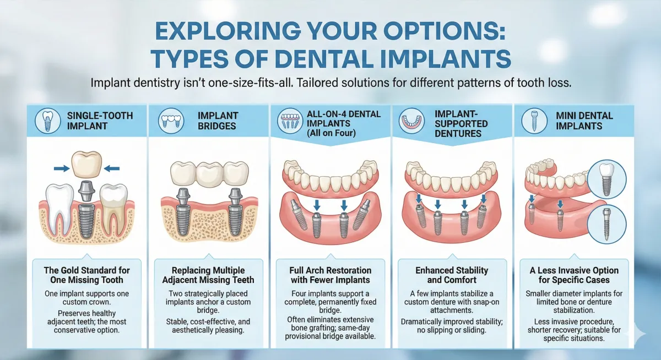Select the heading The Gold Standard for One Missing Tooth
coord(86,276)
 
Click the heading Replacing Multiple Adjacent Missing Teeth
coord(208,276)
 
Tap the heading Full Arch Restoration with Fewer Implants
coord(330,276)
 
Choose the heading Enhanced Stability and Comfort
coord(452,276)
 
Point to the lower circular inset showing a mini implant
coord(606,223)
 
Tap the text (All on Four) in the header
coord(330,133)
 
